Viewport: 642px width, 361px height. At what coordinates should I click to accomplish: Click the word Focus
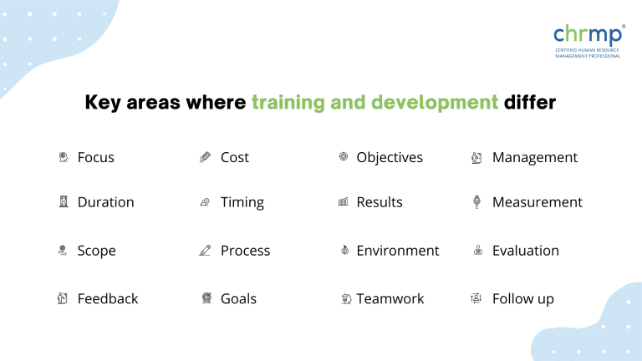coord(95,157)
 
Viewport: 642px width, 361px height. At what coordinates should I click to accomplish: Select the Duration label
coord(105,202)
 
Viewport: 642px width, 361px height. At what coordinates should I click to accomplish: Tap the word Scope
coord(96,251)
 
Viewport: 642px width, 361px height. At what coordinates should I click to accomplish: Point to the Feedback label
coord(108,299)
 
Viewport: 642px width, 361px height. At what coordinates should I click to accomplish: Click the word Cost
coord(235,157)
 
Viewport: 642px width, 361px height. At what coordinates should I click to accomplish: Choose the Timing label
coord(242,202)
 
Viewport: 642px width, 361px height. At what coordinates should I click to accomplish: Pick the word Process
coord(245,251)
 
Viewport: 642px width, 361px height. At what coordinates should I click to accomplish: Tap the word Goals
coord(238,299)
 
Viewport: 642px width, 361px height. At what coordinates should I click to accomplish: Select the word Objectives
coord(390,157)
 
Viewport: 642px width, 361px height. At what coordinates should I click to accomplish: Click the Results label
coord(380,202)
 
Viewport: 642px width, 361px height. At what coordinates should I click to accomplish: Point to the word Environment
coord(397,251)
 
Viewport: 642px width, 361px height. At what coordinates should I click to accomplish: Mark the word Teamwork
coord(390,299)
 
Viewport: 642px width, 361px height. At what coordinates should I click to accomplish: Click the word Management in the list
coord(535,157)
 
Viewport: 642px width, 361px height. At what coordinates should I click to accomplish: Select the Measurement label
coord(538,202)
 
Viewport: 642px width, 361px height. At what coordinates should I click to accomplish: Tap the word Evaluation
coord(526,251)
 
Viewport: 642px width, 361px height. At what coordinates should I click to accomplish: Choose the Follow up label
coord(523,299)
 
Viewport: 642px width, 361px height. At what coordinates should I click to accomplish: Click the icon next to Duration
coord(63,202)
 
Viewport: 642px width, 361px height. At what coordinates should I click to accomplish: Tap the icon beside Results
coord(343,202)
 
